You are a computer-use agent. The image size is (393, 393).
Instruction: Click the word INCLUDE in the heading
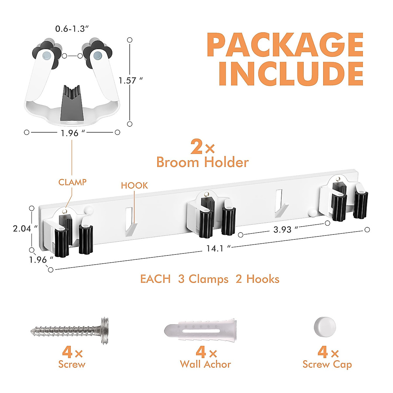click(291, 74)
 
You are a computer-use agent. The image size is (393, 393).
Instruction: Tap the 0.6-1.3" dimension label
click(72, 29)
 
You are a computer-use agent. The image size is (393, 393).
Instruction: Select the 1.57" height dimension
click(130, 81)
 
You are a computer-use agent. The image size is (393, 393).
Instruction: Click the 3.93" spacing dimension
click(282, 230)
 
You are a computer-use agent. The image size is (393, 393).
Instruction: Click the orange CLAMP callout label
click(72, 182)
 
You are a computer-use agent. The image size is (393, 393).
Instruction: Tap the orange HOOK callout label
click(134, 186)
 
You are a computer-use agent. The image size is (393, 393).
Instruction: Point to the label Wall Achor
click(205, 364)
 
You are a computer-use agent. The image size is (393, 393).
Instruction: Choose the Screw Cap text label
click(327, 364)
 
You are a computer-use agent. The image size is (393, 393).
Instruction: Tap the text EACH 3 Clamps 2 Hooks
click(210, 279)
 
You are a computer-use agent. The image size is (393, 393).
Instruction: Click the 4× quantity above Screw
click(72, 352)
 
